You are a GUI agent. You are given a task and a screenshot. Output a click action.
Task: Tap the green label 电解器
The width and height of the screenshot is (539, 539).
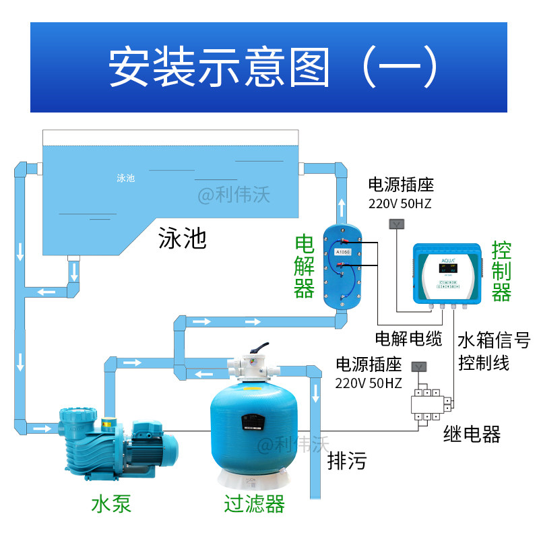click(x=305, y=267)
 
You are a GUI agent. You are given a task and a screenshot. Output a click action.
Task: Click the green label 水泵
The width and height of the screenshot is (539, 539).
click(x=111, y=503)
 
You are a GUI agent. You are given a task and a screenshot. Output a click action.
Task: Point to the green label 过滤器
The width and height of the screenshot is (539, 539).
click(x=255, y=503)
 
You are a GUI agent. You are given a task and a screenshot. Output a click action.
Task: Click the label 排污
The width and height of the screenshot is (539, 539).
click(x=347, y=462)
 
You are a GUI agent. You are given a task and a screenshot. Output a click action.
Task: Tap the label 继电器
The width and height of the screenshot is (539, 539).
click(x=472, y=434)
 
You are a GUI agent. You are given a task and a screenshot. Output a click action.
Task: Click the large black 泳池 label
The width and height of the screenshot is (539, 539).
click(x=182, y=237)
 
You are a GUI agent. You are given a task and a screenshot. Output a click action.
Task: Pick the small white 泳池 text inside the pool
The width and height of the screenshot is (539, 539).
click(x=126, y=178)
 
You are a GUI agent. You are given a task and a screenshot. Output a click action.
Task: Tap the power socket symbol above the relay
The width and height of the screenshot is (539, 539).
click(x=418, y=367)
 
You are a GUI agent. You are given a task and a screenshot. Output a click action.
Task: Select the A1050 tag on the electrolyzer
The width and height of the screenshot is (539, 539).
click(x=342, y=251)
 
